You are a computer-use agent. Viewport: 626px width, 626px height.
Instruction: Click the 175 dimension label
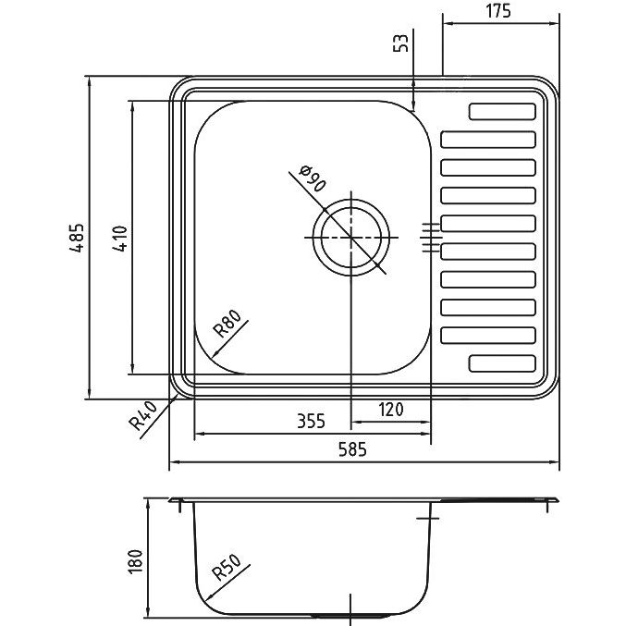497,11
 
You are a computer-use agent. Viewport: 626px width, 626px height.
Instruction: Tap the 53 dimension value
401,43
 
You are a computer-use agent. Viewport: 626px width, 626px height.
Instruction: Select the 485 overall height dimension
76,238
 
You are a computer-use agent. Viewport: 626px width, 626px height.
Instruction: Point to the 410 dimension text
120,239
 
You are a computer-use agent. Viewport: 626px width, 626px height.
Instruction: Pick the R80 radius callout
227,324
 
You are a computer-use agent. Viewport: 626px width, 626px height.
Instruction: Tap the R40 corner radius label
143,416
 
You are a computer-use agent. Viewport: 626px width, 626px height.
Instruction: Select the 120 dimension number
391,410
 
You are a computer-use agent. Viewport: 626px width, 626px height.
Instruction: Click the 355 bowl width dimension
311,421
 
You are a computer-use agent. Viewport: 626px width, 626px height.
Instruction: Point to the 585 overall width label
352,450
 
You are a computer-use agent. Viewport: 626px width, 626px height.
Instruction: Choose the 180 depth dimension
135,561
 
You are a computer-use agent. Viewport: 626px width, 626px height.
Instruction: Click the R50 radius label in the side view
227,568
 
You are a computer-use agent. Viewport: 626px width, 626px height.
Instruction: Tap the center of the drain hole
351,237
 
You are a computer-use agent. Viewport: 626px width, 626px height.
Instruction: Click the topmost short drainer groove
502,112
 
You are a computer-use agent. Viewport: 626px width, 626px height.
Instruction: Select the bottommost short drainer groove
502,363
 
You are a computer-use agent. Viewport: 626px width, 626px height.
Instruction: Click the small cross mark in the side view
427,518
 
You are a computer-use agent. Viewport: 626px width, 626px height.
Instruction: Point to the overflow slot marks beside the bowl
430,238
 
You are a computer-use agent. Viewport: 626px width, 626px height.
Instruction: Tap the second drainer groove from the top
488,140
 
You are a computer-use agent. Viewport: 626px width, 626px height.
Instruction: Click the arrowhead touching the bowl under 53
413,106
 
